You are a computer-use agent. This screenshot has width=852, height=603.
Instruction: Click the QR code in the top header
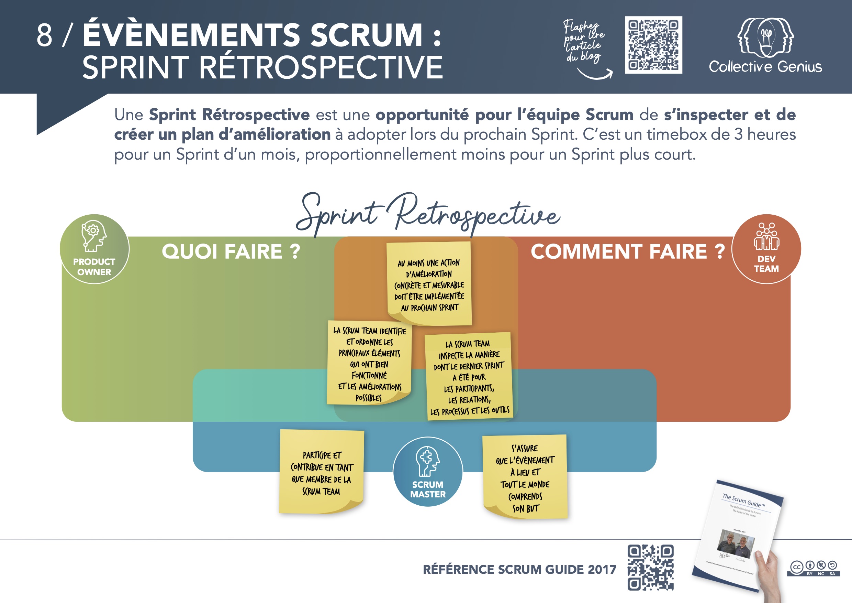tap(653, 45)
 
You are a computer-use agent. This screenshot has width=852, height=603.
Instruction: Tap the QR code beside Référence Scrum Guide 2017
tap(650, 567)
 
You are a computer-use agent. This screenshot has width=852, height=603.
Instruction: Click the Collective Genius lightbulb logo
tap(765, 37)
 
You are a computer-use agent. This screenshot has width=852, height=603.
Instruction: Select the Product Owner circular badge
tap(94, 249)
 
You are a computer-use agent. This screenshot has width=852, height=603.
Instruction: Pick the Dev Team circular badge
tap(766, 249)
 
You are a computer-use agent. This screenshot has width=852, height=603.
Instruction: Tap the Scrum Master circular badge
tap(427, 472)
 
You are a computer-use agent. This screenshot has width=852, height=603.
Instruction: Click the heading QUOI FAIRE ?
tap(231, 251)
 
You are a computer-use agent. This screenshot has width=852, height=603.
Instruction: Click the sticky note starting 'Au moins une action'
tap(429, 284)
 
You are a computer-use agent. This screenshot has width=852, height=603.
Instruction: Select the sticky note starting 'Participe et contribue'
tap(321, 472)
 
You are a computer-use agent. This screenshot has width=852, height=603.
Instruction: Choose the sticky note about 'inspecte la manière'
tap(469, 376)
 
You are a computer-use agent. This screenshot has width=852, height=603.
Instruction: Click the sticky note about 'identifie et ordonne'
tap(369, 363)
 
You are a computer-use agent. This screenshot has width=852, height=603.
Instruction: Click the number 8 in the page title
tap(44, 35)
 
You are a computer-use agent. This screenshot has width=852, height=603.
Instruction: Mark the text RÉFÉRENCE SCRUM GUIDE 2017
tap(519, 569)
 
